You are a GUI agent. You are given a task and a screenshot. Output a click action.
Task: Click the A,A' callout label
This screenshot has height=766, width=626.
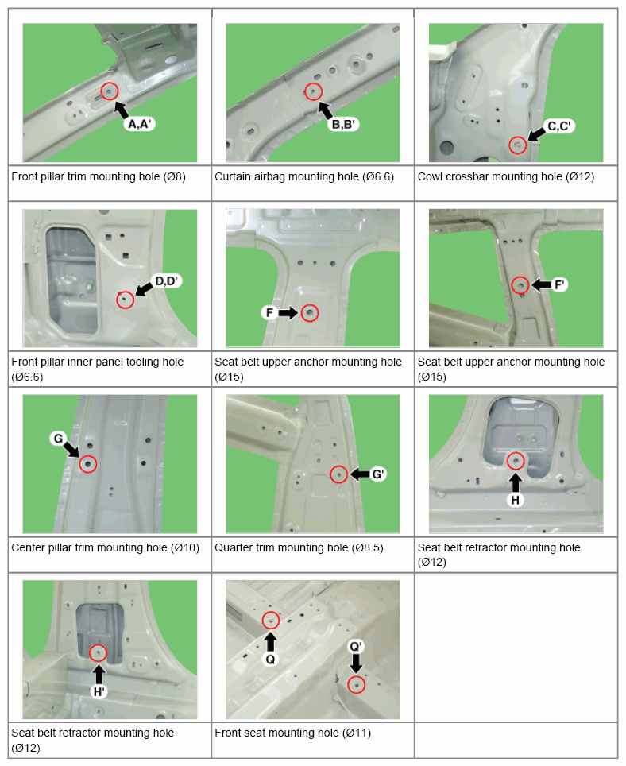pyautogui.click(x=140, y=124)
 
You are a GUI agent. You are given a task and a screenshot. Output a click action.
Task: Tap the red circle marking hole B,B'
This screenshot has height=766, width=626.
pyautogui.click(x=314, y=91)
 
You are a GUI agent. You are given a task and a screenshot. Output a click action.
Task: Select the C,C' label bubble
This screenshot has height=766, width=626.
pyautogui.click(x=559, y=126)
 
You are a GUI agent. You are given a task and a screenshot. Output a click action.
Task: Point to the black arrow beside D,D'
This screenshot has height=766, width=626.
pyautogui.click(x=144, y=290)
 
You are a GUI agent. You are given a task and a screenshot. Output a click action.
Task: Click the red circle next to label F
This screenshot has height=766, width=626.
pyautogui.click(x=310, y=312)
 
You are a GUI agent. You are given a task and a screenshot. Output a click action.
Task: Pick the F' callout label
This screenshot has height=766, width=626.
pyautogui.click(x=559, y=284)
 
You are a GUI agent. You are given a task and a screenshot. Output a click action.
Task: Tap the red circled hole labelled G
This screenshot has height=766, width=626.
pyautogui.click(x=88, y=463)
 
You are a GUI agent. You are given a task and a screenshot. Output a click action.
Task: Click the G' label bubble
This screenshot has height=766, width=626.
pyautogui.click(x=378, y=474)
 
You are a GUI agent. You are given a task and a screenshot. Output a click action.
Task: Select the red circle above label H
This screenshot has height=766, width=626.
pyautogui.click(x=515, y=461)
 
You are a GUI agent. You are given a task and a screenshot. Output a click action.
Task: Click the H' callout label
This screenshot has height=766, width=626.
pyautogui.click(x=99, y=691)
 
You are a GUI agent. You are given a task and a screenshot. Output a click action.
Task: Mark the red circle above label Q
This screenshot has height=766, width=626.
pyautogui.click(x=271, y=621)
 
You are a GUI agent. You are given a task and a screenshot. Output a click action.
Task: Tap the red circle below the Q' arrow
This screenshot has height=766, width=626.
pyautogui.click(x=356, y=684)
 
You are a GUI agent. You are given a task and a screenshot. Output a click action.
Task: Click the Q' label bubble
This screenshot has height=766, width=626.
pyautogui.click(x=356, y=647)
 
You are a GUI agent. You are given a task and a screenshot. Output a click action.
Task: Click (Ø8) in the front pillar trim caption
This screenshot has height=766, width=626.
pyautogui.click(x=174, y=177)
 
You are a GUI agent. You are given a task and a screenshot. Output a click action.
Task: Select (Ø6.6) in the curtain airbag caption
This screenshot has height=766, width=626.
pyautogui.click(x=378, y=177)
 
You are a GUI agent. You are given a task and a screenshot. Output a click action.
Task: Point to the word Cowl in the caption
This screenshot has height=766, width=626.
pyautogui.click(x=430, y=177)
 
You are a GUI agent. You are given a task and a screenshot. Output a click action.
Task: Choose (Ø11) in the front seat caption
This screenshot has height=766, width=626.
pyautogui.click(x=357, y=733)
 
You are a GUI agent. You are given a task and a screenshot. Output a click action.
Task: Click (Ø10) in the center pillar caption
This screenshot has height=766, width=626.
pyautogui.click(x=185, y=547)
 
